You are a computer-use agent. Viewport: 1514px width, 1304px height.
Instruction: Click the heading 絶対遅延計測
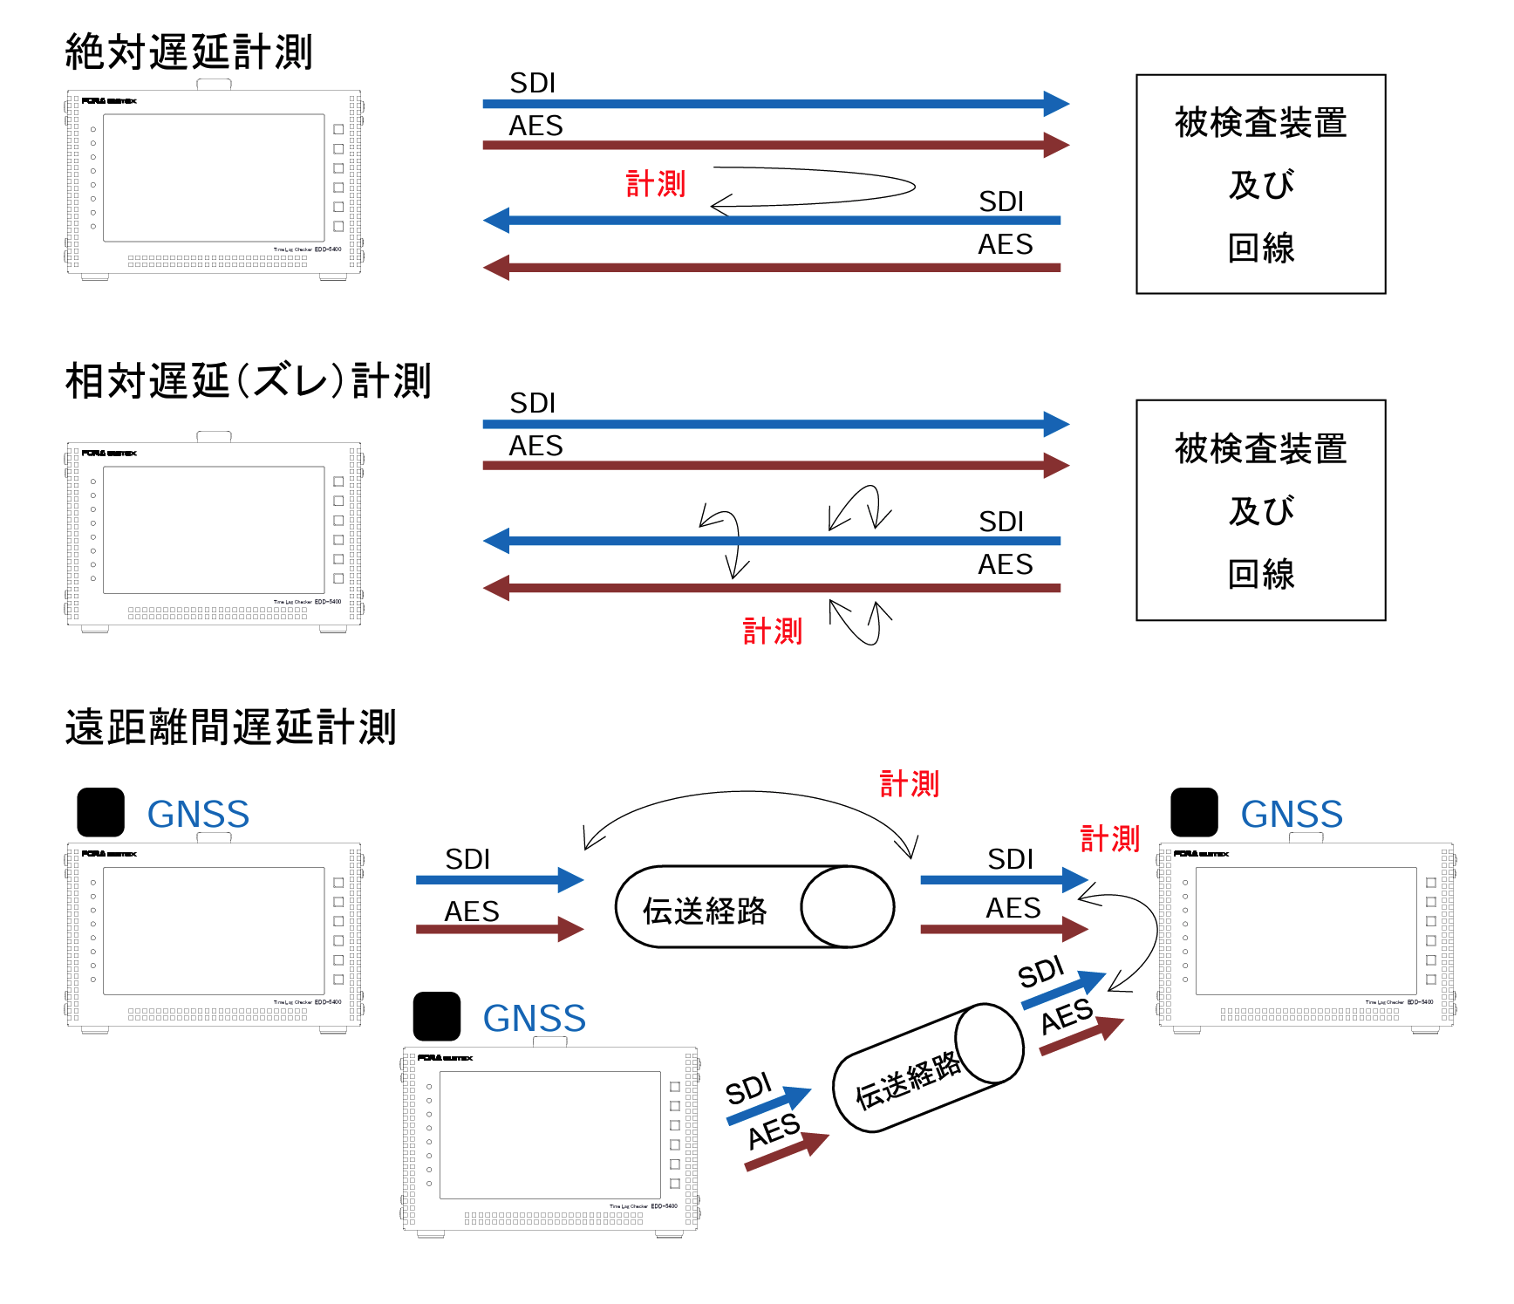pyautogui.click(x=188, y=51)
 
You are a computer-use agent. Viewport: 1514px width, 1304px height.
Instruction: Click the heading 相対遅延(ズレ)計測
pyautogui.click(x=248, y=381)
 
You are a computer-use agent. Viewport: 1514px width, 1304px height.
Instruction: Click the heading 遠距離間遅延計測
pyautogui.click(x=230, y=727)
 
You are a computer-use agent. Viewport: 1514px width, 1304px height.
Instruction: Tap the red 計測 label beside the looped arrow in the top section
pyautogui.click(x=656, y=184)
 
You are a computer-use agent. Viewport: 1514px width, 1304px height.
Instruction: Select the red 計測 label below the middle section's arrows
pyautogui.click(x=772, y=631)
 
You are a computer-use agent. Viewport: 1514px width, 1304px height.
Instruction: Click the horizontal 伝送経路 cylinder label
pyautogui.click(x=705, y=911)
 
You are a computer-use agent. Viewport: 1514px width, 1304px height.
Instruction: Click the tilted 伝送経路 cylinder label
pyautogui.click(x=908, y=1080)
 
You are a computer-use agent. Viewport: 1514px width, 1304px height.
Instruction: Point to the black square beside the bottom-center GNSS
pyautogui.click(x=436, y=1016)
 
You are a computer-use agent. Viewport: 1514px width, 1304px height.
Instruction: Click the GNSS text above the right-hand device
pyautogui.click(x=1291, y=814)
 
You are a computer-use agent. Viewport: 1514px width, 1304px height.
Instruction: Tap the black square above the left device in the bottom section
pyautogui.click(x=100, y=812)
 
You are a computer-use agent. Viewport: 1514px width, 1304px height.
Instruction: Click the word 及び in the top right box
pyautogui.click(x=1261, y=185)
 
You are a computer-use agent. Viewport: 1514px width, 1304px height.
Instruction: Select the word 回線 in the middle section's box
pyautogui.click(x=1261, y=574)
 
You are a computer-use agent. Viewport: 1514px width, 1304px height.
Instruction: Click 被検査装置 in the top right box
pyautogui.click(x=1260, y=123)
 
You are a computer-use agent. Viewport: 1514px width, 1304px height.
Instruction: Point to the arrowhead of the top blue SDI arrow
pyautogui.click(x=1056, y=104)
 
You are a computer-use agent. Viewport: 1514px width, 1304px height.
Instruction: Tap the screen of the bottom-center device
pyautogui.click(x=549, y=1134)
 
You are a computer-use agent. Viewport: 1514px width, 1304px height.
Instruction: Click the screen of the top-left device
pyautogui.click(x=214, y=178)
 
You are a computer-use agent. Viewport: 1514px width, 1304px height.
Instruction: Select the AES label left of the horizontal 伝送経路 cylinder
pyautogui.click(x=472, y=911)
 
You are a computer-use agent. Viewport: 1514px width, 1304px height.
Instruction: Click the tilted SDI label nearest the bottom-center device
pyautogui.click(x=748, y=1089)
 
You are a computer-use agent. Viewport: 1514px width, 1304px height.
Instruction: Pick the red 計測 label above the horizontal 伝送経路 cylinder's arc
pyautogui.click(x=909, y=783)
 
